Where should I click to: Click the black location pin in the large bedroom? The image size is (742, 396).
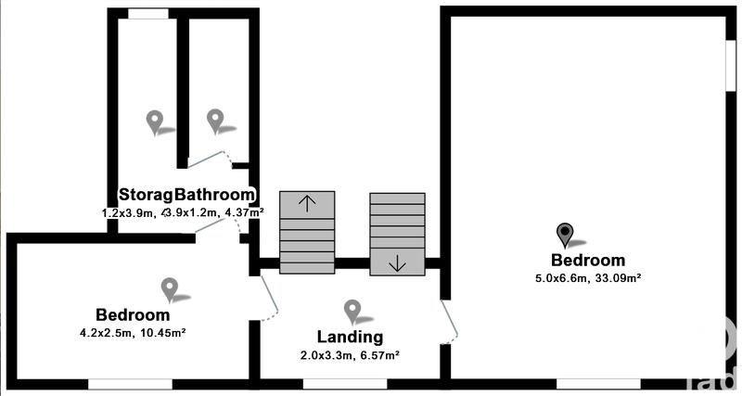click(564, 234)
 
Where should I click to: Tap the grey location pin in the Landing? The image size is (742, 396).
click(352, 310)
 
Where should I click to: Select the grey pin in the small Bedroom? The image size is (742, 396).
click(169, 288)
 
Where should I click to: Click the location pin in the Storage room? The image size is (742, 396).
click(155, 121)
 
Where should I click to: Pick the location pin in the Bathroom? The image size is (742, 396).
click(215, 120)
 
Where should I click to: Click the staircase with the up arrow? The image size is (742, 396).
click(307, 234)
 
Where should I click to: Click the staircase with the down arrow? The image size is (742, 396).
click(397, 234)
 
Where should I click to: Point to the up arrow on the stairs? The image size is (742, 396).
click(307, 201)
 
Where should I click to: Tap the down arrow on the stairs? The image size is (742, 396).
click(397, 263)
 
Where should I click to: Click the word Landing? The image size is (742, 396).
click(352, 337)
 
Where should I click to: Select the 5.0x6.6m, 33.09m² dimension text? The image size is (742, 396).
click(588, 277)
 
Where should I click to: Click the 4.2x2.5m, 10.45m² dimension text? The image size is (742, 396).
click(138, 331)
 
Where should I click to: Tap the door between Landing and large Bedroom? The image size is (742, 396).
click(449, 321)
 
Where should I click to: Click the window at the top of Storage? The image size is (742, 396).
click(148, 13)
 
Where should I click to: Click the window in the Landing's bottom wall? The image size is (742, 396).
click(344, 383)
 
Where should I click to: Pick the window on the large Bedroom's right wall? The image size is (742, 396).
click(728, 66)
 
